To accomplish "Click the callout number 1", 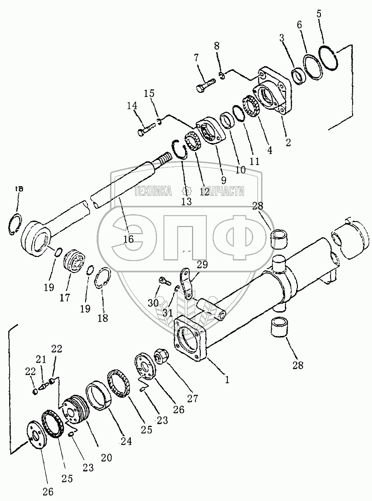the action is (x=227, y=380).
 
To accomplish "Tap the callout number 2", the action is (x=288, y=142).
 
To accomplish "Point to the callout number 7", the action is (x=197, y=57).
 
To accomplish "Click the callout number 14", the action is (x=132, y=106).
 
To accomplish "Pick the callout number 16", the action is (x=128, y=239).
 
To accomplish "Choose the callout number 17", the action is (x=65, y=297).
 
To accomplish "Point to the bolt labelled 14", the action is (x=147, y=131).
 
